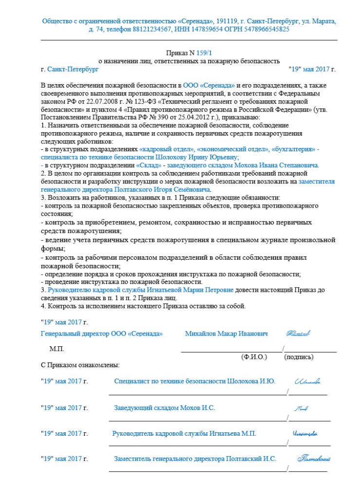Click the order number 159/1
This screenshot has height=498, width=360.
[206, 53]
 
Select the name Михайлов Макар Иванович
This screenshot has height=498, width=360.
[227, 334]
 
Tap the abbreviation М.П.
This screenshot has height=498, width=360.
[56, 349]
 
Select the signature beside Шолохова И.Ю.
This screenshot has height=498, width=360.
[307, 381]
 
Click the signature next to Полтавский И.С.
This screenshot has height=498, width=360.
[314, 458]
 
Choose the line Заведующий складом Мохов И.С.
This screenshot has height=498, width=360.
[164, 408]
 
